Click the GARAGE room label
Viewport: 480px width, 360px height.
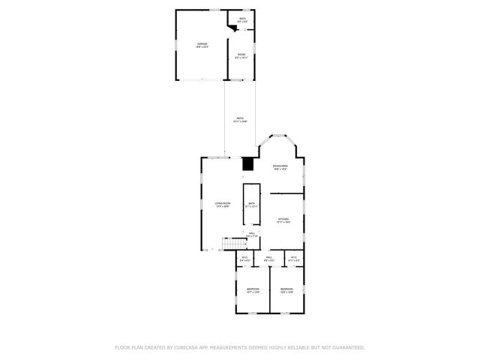[202, 45]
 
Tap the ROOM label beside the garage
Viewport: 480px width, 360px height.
[241, 55]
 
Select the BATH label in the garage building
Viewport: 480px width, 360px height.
[242, 19]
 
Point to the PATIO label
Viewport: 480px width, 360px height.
[240, 118]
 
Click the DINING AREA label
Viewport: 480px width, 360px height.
[280, 166]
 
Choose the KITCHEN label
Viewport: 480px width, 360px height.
[283, 220]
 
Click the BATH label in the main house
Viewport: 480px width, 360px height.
[251, 203]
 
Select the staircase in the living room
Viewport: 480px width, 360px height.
[235, 244]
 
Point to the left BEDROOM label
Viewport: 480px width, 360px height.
[253, 289]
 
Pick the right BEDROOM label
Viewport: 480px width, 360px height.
[287, 289]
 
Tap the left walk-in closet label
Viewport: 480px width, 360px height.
[244, 259]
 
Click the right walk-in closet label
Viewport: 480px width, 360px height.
[293, 259]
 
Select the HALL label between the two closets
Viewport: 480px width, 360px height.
[268, 259]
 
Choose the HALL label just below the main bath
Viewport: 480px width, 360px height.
[252, 234]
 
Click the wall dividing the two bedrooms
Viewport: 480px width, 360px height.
[270, 292]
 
